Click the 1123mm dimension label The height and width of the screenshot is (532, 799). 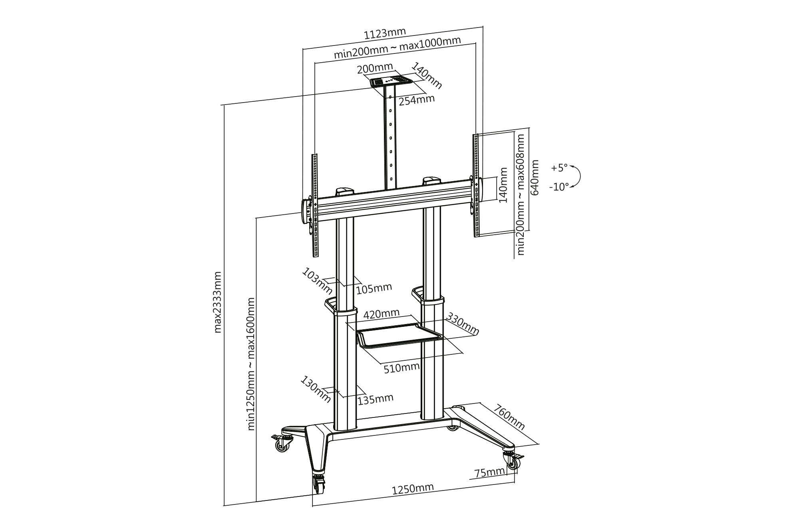coord(384,34)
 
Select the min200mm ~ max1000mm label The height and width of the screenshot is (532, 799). coord(397,47)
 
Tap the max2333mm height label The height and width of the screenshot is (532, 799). coord(218,302)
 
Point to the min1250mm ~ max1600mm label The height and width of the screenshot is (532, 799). coord(251,364)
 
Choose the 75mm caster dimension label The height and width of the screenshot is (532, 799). coord(489,473)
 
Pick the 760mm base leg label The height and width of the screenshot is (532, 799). coord(509,417)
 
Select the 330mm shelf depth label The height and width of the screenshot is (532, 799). coord(463,324)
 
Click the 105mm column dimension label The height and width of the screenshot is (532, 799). coord(374,288)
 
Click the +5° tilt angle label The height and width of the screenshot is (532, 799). coord(559,168)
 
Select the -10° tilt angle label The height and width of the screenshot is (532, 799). coord(559,186)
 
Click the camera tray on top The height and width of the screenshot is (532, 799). coord(391,82)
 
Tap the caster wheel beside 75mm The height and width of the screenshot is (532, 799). coord(511,462)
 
